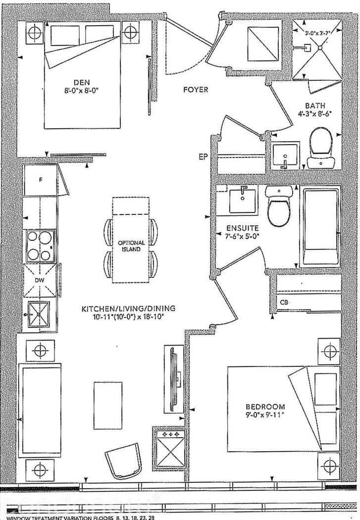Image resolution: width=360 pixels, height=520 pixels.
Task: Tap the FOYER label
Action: pyautogui.click(x=195, y=90)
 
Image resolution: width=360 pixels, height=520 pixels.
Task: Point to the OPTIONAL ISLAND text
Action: pyautogui.click(x=131, y=246)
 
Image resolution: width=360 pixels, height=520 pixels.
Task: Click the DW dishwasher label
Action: pyautogui.click(x=40, y=280)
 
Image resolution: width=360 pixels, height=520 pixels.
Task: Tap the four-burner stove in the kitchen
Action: pyautogui.click(x=41, y=246)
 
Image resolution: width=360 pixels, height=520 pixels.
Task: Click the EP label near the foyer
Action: pyautogui.click(x=203, y=157)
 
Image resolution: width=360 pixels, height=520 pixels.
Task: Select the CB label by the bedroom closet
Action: pyautogui.click(x=284, y=302)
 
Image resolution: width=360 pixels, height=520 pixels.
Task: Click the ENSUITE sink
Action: pyautogui.click(x=242, y=200)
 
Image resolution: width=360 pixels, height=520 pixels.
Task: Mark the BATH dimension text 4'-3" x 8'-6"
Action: pyautogui.click(x=315, y=113)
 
